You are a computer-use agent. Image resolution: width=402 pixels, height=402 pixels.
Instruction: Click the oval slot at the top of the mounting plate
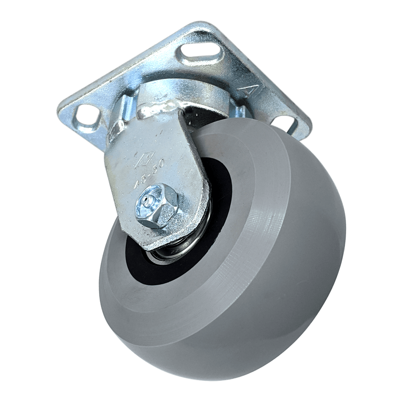tap(201, 55)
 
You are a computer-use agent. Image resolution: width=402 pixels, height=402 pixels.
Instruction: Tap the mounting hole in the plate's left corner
tap(86, 115)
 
